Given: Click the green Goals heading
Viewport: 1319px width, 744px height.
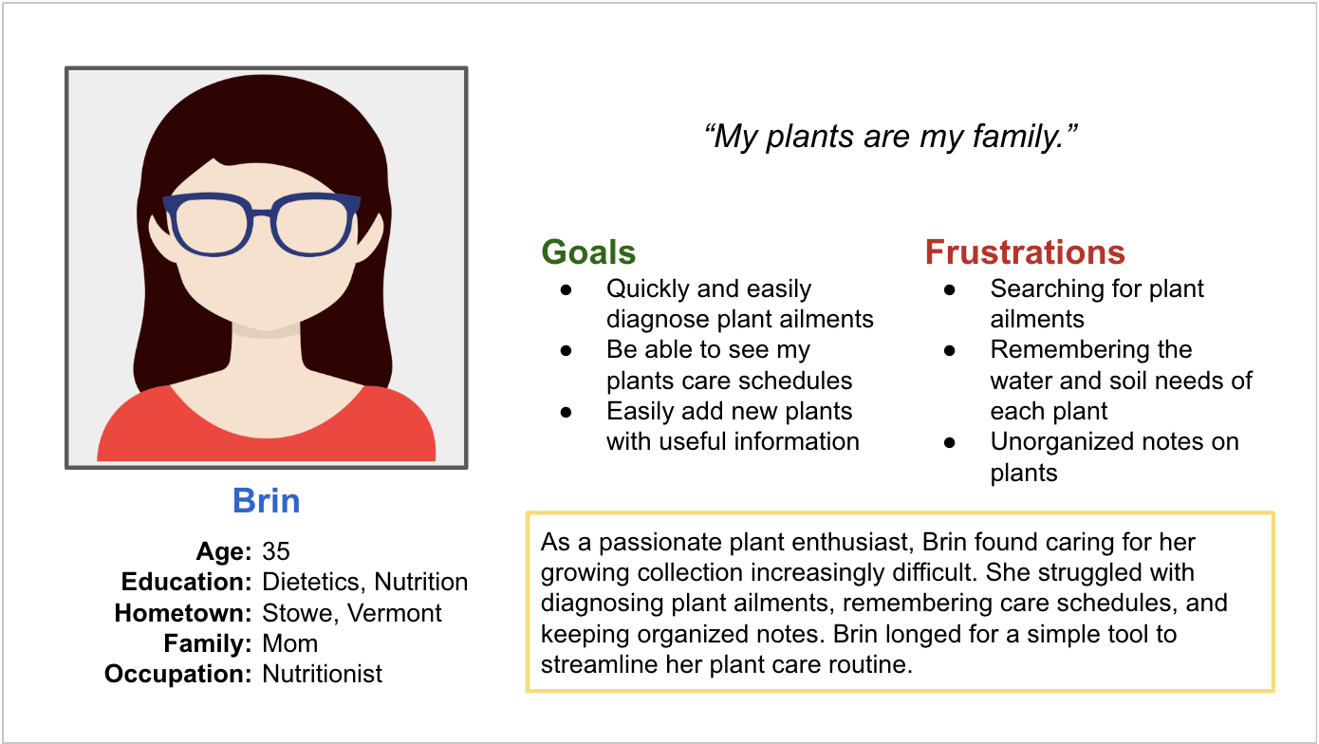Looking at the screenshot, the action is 588,252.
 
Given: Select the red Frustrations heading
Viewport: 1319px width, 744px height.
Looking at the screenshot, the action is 1025,252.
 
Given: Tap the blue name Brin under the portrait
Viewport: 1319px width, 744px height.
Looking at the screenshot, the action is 266,501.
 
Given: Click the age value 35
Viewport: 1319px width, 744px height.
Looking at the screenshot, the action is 276,551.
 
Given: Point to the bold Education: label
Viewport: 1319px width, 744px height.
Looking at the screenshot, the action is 187,582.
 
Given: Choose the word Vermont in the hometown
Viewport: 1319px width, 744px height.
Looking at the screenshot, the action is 394,613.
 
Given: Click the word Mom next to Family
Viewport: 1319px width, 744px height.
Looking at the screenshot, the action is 289,643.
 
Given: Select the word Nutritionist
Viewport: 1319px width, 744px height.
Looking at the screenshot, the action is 322,674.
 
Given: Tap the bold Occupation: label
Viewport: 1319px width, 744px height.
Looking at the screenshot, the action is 178,674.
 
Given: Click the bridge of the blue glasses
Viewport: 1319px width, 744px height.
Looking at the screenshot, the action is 262,214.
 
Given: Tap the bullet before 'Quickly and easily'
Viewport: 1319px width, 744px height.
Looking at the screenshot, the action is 566,289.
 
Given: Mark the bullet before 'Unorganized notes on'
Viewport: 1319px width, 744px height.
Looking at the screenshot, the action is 949,443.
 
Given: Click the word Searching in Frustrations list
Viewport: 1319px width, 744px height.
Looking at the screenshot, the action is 1046,289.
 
